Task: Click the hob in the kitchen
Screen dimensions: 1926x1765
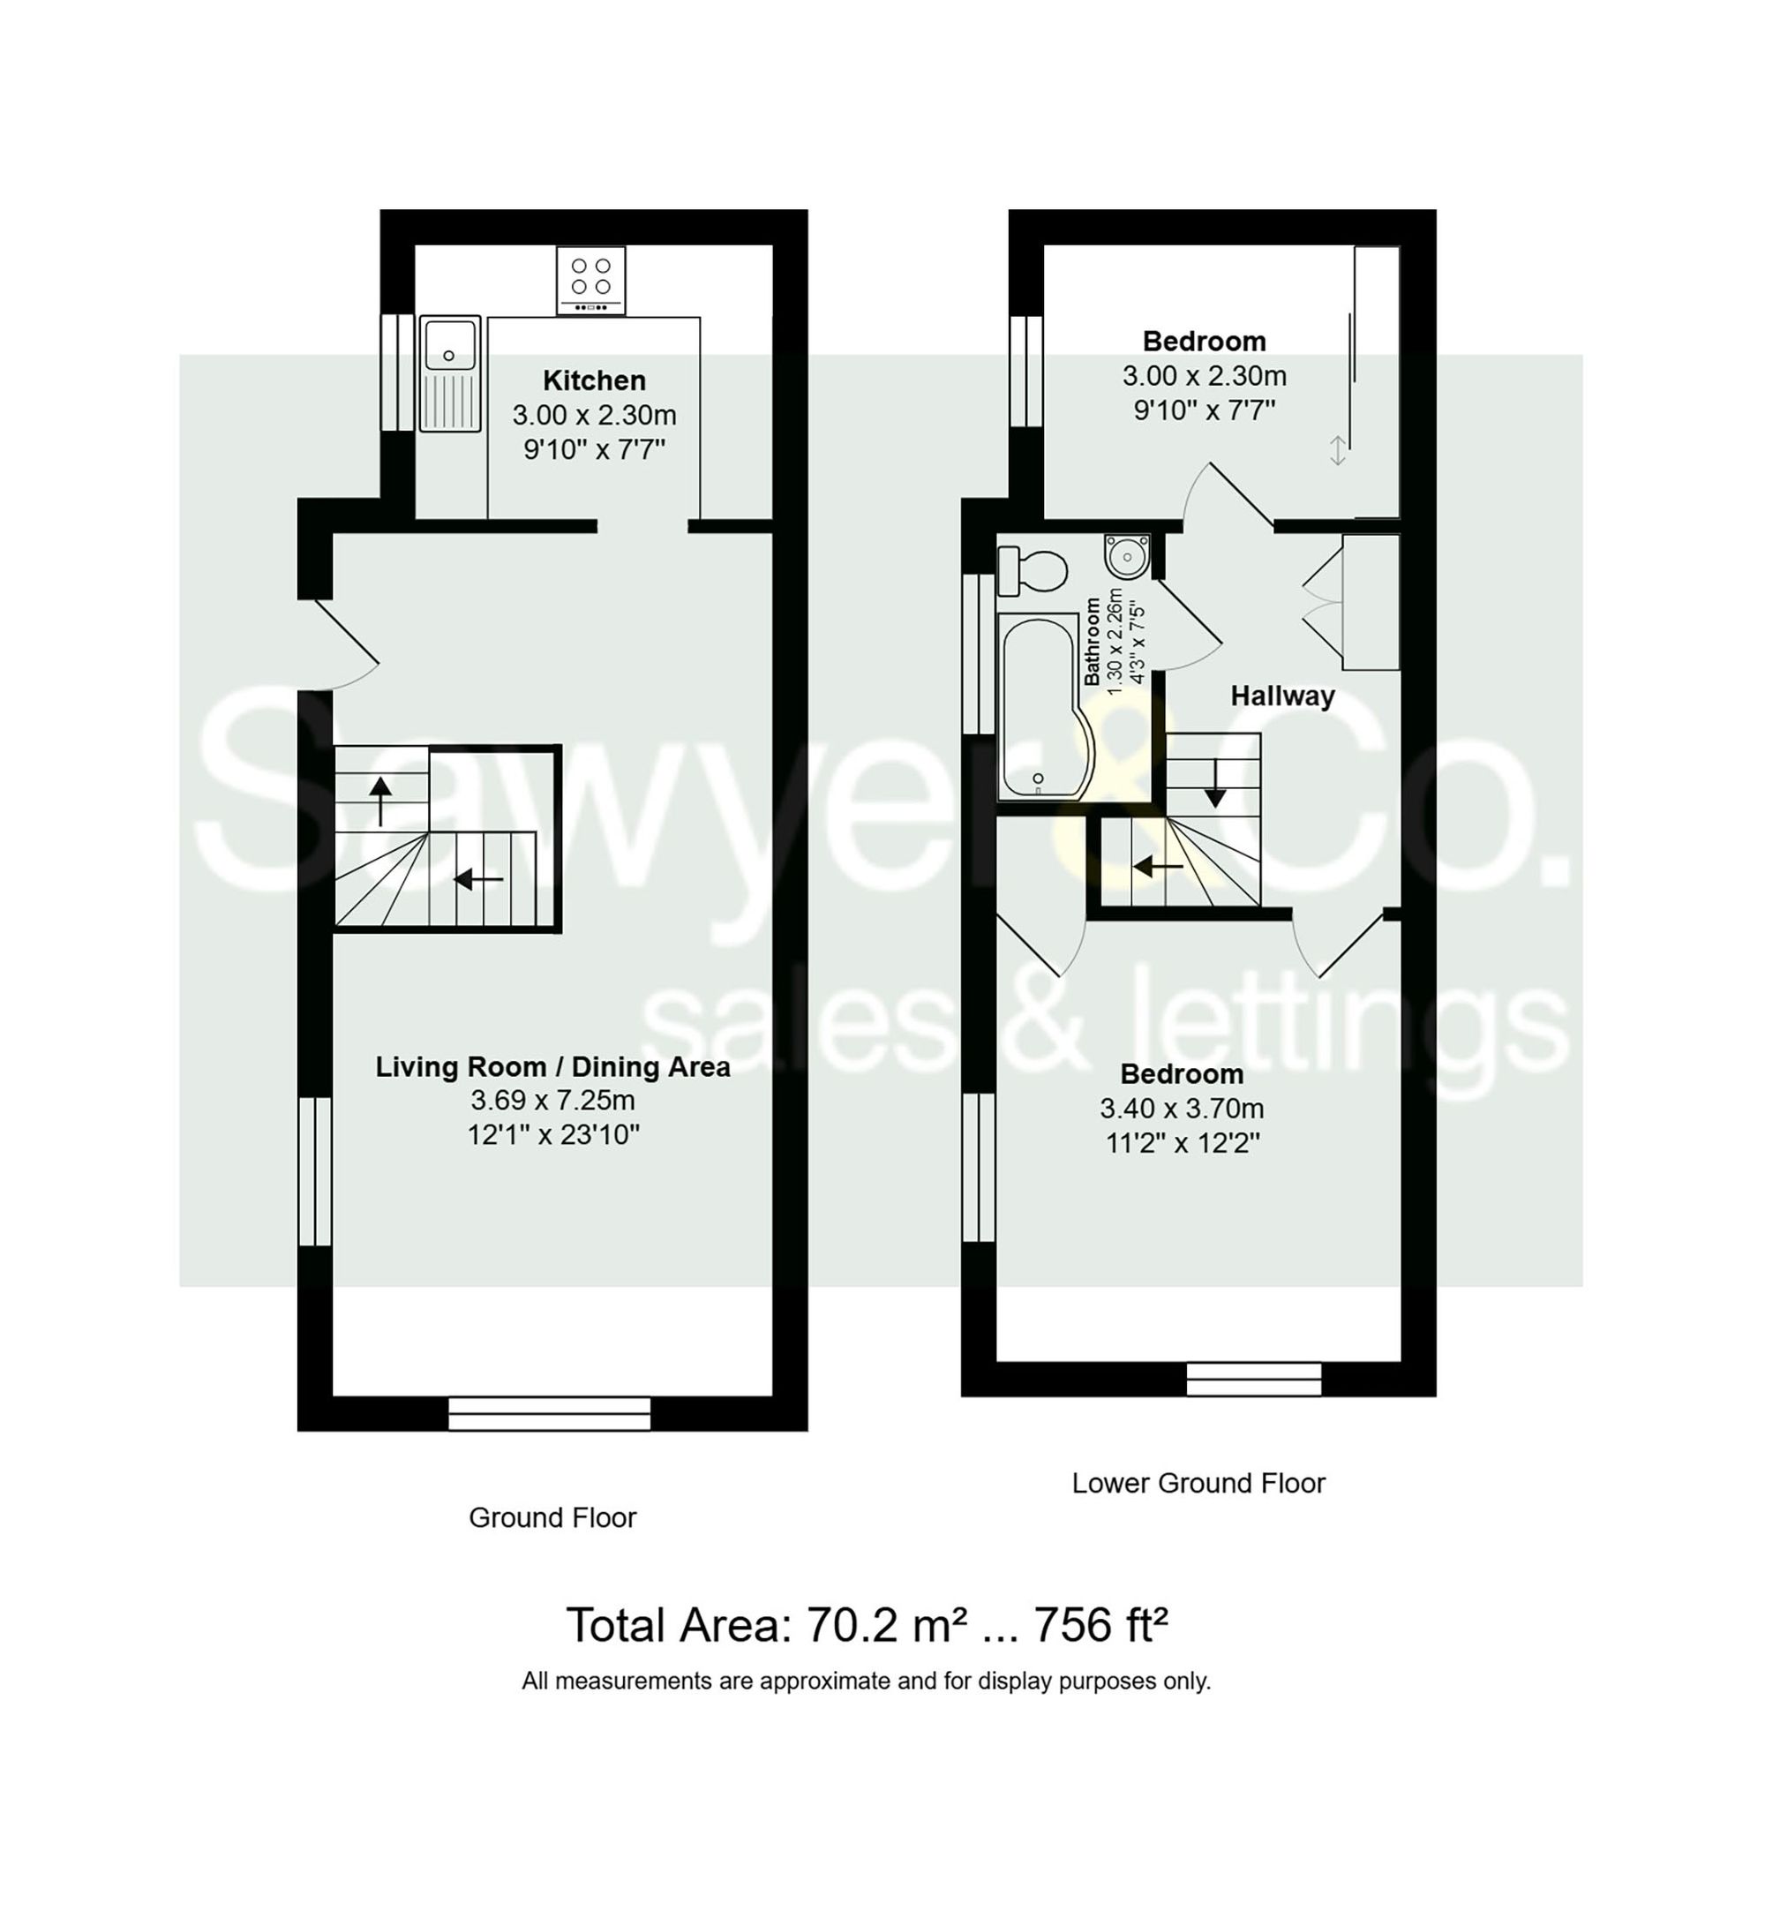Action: [x=590, y=280]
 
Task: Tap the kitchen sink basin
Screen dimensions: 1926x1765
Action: [x=450, y=345]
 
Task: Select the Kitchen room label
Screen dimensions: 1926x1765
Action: [x=593, y=380]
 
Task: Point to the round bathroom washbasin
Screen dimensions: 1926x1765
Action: [x=1127, y=556]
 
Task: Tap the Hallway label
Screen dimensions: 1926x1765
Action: [x=1281, y=696]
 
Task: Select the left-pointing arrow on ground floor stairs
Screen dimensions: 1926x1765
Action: [x=478, y=877]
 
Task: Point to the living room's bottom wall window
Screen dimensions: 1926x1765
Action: [x=549, y=1414]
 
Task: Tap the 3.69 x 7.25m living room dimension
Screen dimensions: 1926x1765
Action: [x=552, y=1101]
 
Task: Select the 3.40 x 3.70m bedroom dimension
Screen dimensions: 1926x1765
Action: [x=1181, y=1109]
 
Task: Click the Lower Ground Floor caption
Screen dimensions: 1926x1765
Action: [x=1198, y=1483]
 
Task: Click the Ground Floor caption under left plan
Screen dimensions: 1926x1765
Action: [x=552, y=1517]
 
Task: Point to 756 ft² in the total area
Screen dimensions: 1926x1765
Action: [x=1100, y=1625]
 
